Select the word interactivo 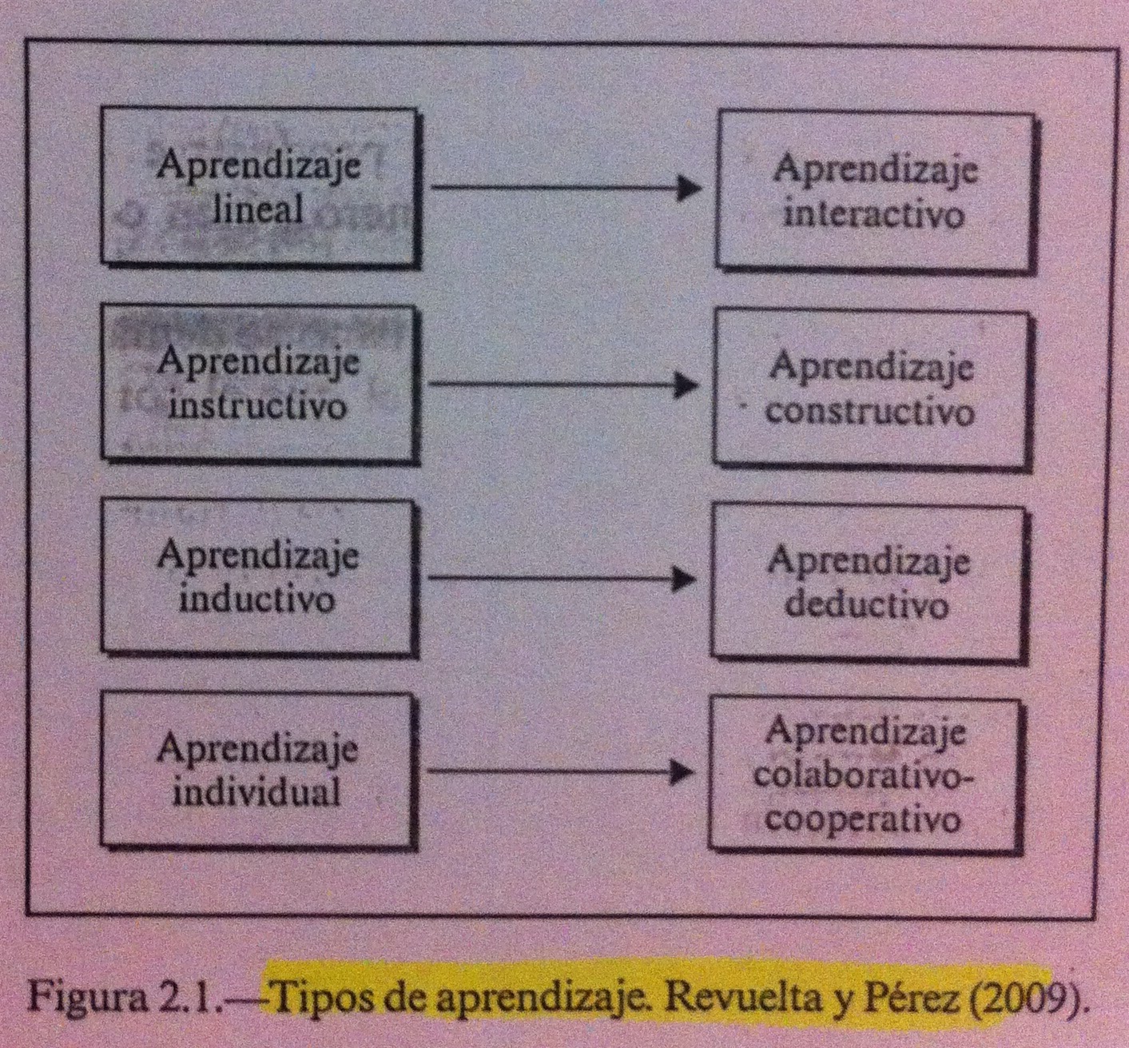[873, 215]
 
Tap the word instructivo [257, 405]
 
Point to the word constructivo [870, 412]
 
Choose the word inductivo [256, 599]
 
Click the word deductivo [867, 604]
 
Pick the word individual [257, 792]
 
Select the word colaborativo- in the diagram [866, 776]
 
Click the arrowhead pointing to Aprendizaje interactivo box [688, 189]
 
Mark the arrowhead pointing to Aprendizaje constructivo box [686, 385]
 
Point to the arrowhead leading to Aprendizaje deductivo [684, 578]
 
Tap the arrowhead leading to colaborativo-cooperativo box [682, 772]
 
